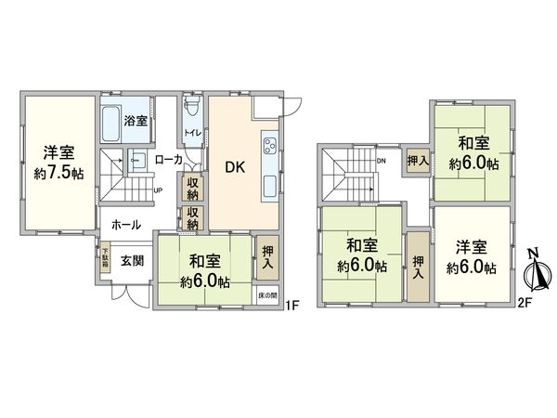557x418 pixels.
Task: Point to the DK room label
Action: [x=233, y=169]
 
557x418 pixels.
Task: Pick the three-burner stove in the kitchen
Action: [x=270, y=146]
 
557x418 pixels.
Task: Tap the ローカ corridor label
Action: [x=168, y=160]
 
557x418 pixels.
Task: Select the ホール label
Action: [x=126, y=225]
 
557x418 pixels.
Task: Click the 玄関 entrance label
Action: [x=132, y=261]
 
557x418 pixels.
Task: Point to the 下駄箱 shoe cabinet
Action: [x=106, y=257]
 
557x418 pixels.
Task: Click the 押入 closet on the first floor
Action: [x=267, y=256]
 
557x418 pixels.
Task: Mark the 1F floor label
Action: [x=292, y=305]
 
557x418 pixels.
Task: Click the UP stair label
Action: [x=158, y=192]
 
